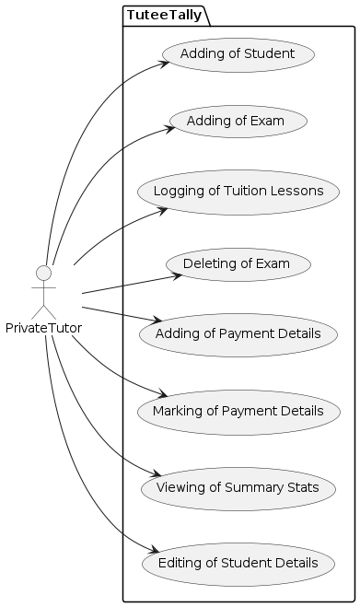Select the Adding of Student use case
[238, 54]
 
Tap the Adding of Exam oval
[238, 121]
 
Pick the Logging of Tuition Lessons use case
[238, 192]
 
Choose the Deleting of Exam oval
[238, 264]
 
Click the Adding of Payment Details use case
[238, 333]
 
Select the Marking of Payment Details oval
[238, 410]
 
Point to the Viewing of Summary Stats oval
[238, 487]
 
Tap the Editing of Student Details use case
[238, 562]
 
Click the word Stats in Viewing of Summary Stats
[301, 487]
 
